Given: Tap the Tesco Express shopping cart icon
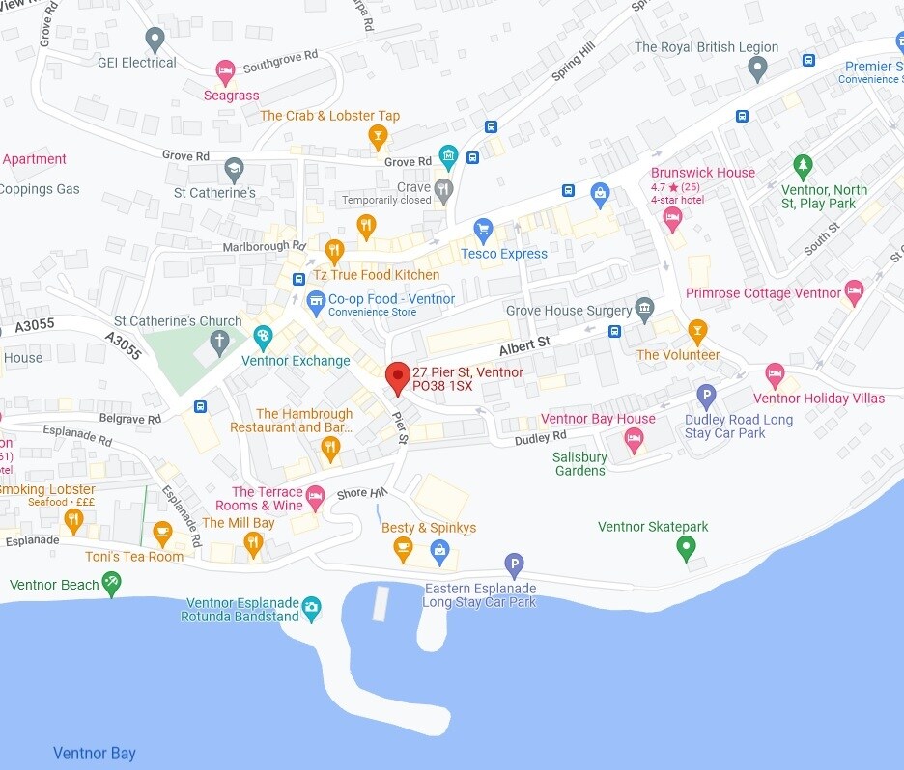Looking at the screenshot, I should tap(483, 230).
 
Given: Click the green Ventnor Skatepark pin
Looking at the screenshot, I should tap(686, 547).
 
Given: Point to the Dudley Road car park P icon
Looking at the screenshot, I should tap(707, 395).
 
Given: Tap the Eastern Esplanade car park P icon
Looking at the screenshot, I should tap(515, 564).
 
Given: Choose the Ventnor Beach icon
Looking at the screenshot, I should tap(112, 582).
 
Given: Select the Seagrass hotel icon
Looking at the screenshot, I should tap(225, 70).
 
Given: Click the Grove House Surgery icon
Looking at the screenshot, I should tap(645, 310).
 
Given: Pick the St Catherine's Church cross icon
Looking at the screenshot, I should tap(220, 341).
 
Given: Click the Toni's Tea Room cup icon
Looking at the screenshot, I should tap(162, 531).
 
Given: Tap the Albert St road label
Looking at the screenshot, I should tap(524, 343).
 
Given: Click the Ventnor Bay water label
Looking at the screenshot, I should tap(95, 754).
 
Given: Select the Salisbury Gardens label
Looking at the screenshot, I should tap(580, 464).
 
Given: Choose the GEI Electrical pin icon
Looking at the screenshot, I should tap(155, 40).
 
